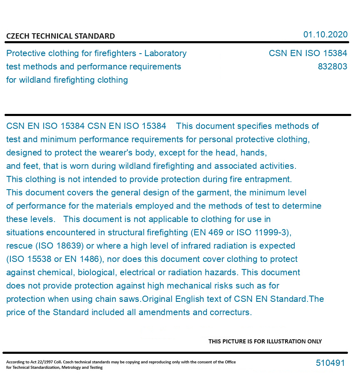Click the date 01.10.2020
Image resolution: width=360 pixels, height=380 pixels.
325,35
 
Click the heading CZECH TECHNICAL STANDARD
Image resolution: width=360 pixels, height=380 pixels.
60,36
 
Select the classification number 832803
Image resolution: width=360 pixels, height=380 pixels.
332,67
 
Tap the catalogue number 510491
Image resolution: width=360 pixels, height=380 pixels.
330,363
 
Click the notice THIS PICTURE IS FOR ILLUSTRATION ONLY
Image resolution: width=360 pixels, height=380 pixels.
265,341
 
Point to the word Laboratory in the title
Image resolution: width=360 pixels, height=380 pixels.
165,53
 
